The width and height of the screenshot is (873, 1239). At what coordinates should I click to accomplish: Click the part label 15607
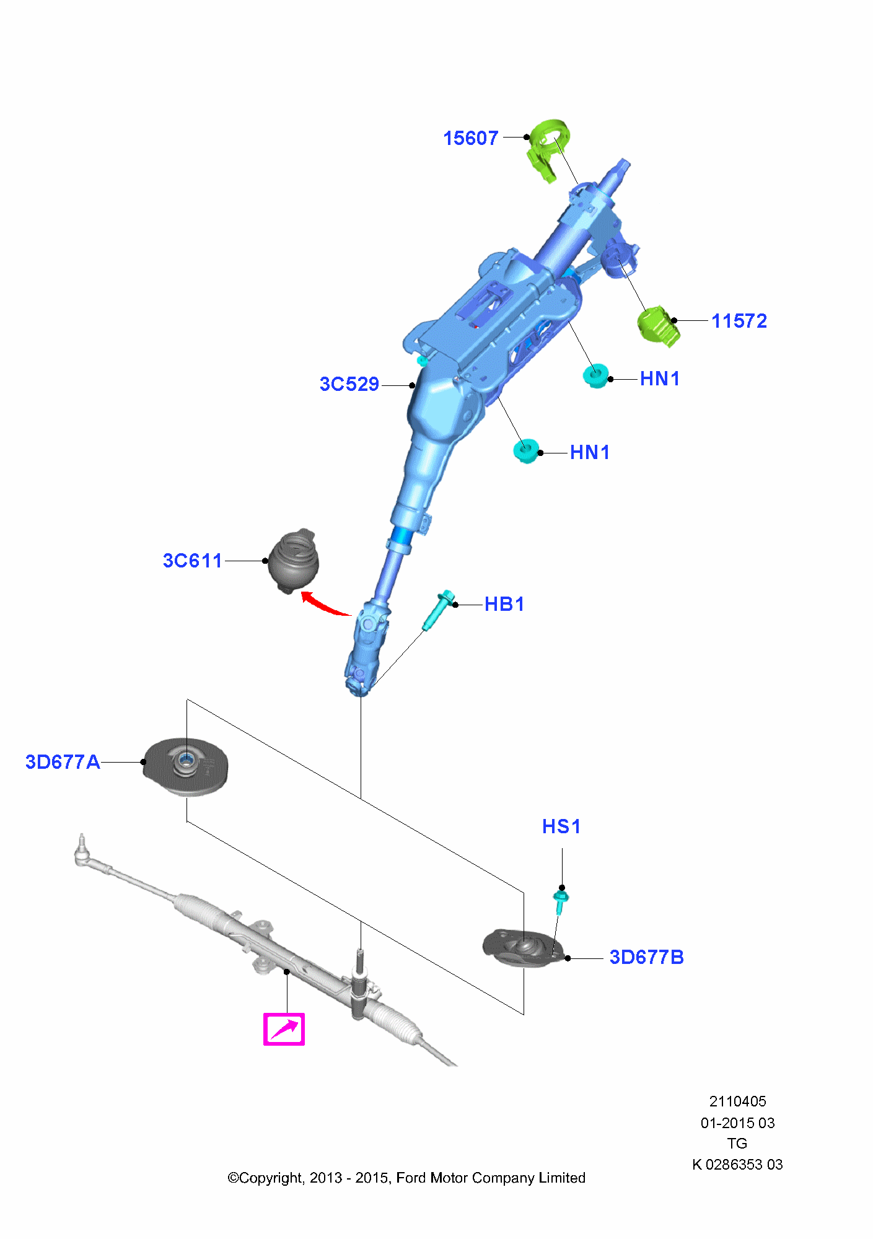pos(470,138)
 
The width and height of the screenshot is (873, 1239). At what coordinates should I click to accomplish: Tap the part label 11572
pos(739,321)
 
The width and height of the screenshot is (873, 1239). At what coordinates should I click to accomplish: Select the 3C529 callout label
pos(349,384)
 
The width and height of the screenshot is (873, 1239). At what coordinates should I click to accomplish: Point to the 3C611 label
pos(192,561)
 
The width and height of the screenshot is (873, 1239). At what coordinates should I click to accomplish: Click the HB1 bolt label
pos(504,604)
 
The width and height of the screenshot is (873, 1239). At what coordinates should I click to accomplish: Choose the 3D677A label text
pos(63,762)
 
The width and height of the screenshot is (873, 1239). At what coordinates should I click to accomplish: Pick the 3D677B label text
pos(646,957)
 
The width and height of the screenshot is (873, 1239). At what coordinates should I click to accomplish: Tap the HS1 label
pos(561,826)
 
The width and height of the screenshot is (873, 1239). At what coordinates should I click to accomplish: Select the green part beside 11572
pos(658,326)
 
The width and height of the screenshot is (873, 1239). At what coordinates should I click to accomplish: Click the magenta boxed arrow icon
pos(284,1029)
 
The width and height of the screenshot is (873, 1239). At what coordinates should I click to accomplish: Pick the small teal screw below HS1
pos(560,902)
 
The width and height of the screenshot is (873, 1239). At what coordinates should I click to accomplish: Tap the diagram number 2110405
pos(737,1101)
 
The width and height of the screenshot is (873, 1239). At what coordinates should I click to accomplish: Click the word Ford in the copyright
pos(411,1178)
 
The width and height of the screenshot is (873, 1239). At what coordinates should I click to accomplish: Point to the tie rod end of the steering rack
pos(82,853)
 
